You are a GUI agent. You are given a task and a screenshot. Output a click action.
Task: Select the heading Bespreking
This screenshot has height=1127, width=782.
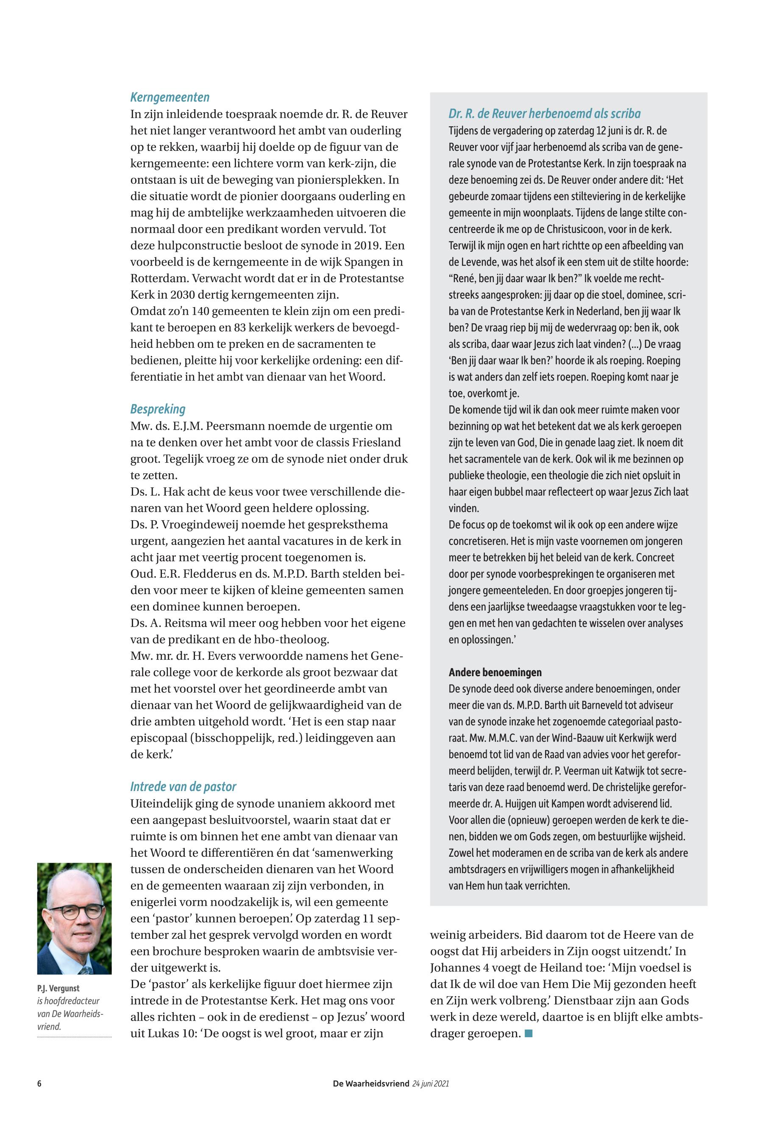[158, 409]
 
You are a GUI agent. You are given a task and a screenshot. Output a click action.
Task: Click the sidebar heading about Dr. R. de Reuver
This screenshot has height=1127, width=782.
[544, 114]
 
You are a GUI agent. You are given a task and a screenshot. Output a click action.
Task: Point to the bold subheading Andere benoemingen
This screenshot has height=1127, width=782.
[495, 672]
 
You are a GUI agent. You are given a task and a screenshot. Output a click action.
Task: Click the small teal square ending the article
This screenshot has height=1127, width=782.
[528, 1034]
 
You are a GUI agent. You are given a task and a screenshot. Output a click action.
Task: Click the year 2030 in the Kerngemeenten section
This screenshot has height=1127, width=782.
[184, 295]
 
